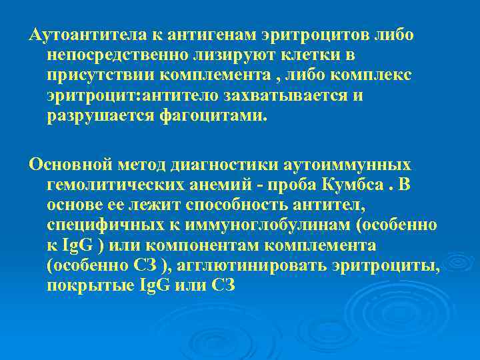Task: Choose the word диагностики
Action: coord(223,163)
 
